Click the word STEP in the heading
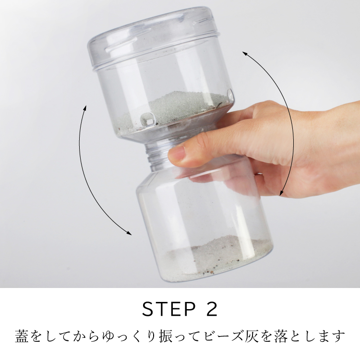point(169,309)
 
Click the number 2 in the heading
point(211,309)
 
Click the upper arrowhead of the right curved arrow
point(245,53)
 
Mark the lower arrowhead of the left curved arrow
point(129,233)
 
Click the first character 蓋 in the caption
point(22,336)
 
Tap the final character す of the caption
point(339,336)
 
